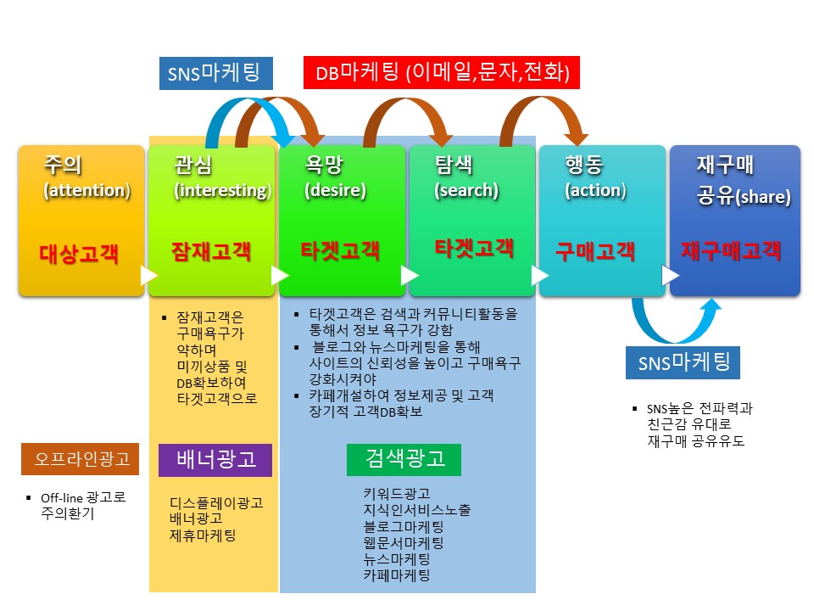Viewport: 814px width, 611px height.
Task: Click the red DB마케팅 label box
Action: (x=441, y=73)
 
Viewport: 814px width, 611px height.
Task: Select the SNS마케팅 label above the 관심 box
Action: (x=216, y=73)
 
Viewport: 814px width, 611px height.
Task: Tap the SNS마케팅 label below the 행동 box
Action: (x=683, y=362)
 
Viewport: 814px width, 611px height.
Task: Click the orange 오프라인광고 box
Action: (x=80, y=459)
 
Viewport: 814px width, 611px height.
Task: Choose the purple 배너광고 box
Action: (x=215, y=460)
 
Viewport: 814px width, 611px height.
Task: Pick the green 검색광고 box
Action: (x=404, y=459)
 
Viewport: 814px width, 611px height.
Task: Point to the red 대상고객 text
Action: (x=79, y=254)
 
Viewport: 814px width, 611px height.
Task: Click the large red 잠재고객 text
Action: (x=211, y=251)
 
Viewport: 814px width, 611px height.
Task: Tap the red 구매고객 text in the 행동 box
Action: (x=595, y=251)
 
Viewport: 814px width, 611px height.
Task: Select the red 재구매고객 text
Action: (x=731, y=250)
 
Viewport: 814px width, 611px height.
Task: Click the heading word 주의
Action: (x=63, y=165)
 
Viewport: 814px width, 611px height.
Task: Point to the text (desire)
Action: (x=336, y=190)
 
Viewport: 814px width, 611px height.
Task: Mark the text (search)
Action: (x=466, y=190)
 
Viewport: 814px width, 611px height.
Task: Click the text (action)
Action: (x=595, y=190)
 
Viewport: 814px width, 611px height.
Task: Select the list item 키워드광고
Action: (x=397, y=493)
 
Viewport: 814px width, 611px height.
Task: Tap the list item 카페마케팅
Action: (x=397, y=575)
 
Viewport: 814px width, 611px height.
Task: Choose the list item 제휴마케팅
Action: (x=203, y=535)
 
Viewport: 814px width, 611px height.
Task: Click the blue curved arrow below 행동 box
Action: (x=676, y=322)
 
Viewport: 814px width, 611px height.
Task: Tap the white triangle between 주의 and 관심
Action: (x=148, y=276)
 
